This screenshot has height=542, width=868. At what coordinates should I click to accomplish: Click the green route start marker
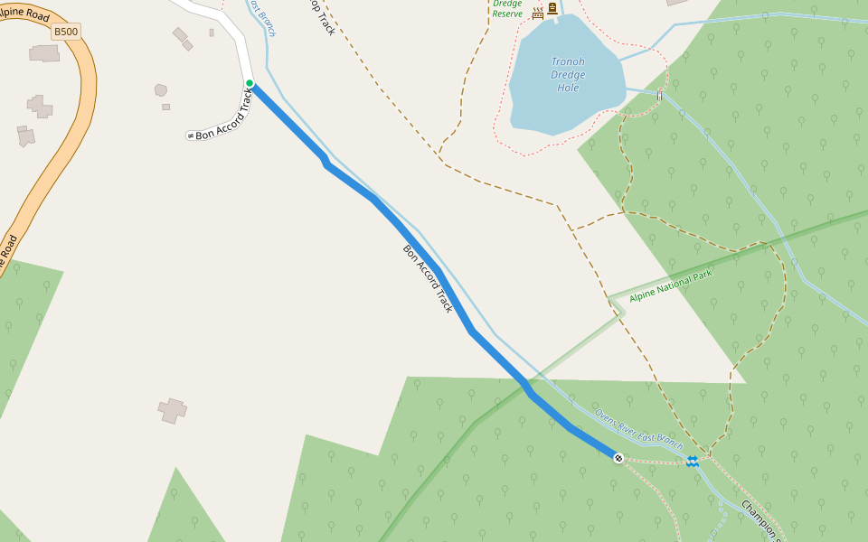[x=250, y=84]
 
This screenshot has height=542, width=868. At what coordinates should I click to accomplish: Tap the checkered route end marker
[x=618, y=458]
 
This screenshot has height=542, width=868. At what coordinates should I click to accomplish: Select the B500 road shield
[x=66, y=32]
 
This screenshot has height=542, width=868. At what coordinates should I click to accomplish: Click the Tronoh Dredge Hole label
[x=568, y=75]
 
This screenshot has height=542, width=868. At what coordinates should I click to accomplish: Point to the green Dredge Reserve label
[x=507, y=8]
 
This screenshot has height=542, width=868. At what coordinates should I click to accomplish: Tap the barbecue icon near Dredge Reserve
[x=538, y=13]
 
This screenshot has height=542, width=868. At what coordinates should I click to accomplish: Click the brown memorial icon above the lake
[x=552, y=8]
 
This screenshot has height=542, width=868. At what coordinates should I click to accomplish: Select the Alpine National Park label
[x=670, y=285]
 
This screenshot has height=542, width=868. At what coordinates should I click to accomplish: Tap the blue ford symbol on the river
[x=693, y=462]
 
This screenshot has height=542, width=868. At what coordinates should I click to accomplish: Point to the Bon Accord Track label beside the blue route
[x=428, y=278]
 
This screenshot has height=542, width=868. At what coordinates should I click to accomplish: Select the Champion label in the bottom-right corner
[x=760, y=519]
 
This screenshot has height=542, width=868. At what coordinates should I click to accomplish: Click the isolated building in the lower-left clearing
[x=172, y=410]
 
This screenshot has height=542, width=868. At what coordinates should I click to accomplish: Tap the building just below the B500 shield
[x=44, y=53]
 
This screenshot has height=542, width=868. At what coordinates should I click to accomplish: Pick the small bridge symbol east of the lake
[x=660, y=95]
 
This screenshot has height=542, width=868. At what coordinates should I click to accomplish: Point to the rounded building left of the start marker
[x=161, y=89]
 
